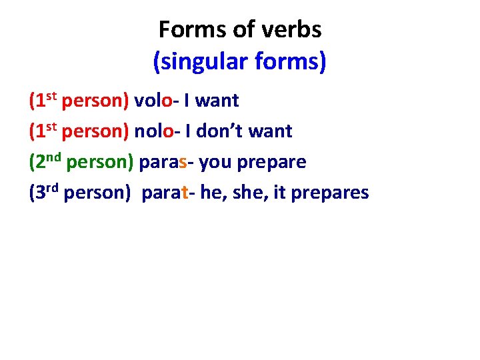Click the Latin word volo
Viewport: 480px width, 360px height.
tap(153, 100)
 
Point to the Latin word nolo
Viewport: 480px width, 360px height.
tap(153, 131)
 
